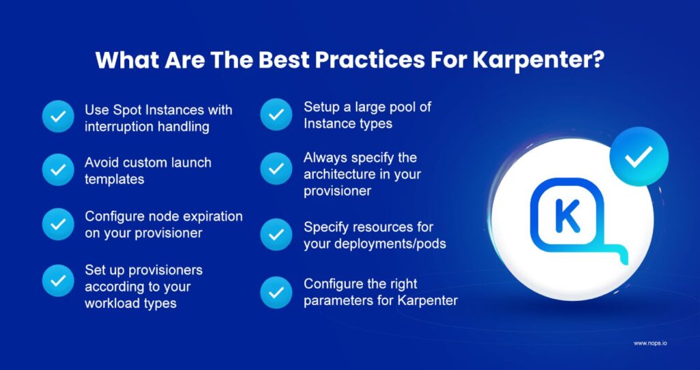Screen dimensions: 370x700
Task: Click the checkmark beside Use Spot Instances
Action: (x=59, y=117)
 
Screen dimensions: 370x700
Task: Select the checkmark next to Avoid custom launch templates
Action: (x=59, y=170)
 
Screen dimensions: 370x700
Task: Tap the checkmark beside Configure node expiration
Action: (x=59, y=224)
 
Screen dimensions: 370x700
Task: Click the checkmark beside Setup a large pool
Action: (x=276, y=115)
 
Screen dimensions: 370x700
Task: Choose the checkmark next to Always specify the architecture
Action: (x=276, y=168)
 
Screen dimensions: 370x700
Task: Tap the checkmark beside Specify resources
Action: (x=276, y=235)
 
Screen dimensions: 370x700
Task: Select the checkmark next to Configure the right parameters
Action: (x=276, y=292)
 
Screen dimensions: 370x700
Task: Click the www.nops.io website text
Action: (x=650, y=343)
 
